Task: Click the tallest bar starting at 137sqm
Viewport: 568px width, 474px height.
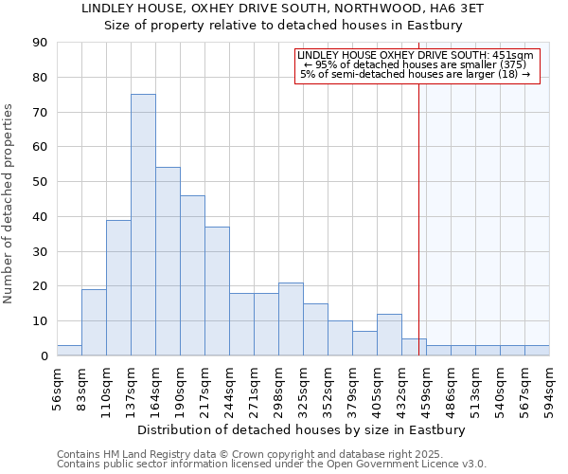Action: coord(143,225)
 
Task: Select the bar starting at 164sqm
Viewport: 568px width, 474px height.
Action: coord(168,261)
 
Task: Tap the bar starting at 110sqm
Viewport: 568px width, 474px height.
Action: coord(118,287)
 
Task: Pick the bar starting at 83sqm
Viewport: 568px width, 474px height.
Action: coord(94,322)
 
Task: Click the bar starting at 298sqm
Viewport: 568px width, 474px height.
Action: coord(291,319)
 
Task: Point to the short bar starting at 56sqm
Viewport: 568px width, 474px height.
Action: coord(69,351)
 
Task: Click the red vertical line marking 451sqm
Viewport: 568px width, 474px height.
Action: coord(418,218)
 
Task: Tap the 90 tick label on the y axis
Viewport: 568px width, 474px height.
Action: coord(40,43)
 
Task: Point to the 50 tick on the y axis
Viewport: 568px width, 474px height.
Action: coord(40,182)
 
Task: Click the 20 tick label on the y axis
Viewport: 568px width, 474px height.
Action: coord(40,286)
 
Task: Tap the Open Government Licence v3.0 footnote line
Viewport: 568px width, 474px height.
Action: coord(272,465)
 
